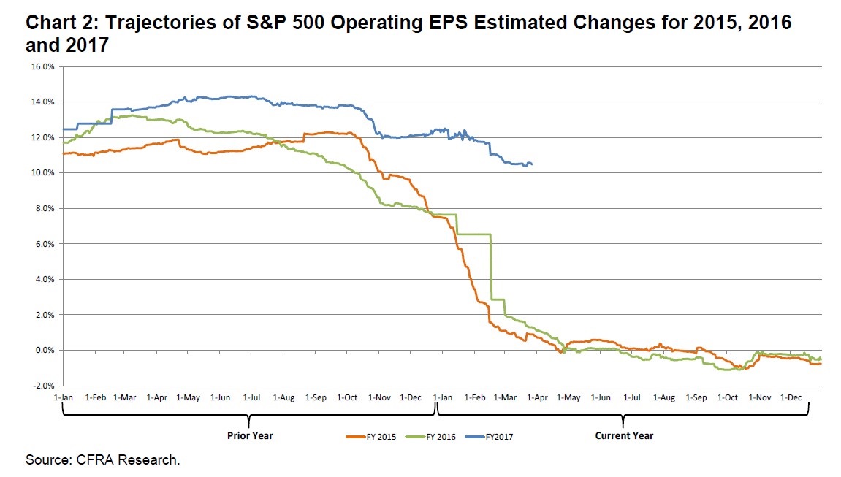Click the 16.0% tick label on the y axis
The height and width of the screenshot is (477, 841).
coord(42,66)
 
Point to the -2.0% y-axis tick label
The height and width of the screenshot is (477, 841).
coord(42,386)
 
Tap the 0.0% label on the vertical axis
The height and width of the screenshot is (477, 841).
coord(44,351)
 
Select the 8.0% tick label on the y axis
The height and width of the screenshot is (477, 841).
coord(44,208)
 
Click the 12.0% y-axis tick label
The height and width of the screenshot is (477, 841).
coord(42,137)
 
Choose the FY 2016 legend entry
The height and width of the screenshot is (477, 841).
coord(430,436)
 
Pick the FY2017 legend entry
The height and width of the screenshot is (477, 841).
coord(490,436)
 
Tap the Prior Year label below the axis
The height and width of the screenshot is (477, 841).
coord(249,436)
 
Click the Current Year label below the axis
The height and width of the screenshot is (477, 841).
coord(623,436)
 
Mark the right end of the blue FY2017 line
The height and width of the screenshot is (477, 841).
coord(532,164)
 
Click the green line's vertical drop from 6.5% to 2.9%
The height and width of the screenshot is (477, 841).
coord(491,267)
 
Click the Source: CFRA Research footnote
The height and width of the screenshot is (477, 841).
coord(102,460)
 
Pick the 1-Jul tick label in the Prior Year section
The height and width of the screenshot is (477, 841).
coord(251,397)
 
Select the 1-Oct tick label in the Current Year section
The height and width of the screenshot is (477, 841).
coord(727,397)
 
